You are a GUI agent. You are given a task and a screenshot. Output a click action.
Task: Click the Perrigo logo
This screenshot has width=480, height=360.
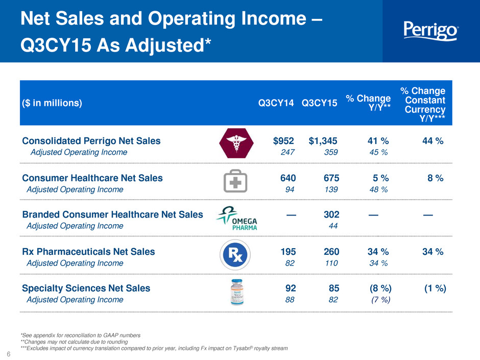pos(431,31)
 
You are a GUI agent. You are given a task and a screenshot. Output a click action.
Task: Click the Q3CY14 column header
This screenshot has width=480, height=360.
pos(276,103)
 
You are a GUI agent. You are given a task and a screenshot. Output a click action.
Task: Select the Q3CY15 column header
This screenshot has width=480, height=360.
pos(319,103)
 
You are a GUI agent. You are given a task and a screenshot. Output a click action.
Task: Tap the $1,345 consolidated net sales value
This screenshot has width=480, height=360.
pos(323,141)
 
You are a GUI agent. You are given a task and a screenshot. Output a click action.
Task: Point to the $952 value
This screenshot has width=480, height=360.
pos(283,141)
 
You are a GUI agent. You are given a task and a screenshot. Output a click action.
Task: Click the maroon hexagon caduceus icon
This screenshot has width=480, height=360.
pos(236,143)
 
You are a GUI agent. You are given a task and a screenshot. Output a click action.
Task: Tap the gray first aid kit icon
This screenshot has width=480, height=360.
pos(235,181)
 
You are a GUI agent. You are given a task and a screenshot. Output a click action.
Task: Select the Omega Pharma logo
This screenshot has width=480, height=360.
pos(237,218)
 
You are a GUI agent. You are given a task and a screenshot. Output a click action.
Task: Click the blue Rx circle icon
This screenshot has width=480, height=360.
pos(235,255)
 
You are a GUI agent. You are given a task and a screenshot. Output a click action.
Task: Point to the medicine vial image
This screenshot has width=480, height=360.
pos(237,292)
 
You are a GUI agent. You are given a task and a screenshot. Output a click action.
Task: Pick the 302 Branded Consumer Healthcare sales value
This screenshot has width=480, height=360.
pos(331,214)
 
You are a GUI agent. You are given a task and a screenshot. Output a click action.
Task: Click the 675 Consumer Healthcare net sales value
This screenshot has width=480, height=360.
pos(331,178)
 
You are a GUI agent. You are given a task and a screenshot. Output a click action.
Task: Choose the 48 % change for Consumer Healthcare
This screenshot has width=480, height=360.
pos(379,189)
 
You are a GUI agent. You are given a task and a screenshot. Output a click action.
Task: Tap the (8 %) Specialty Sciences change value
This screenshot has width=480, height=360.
pos(380,288)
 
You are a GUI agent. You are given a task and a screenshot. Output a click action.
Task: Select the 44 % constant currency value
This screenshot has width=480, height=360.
pos(433,141)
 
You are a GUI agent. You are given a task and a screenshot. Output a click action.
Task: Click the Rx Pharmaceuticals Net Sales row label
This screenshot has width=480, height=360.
pos(88,252)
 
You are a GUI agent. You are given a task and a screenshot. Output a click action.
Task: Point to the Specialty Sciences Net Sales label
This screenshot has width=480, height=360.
pos(86,289)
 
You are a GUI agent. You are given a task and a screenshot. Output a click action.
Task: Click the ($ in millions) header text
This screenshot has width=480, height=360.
pos(52,103)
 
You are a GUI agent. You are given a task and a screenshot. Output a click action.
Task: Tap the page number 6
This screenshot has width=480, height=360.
pos(9,354)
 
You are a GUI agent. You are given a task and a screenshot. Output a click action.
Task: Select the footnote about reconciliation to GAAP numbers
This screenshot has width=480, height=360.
pos(81,335)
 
